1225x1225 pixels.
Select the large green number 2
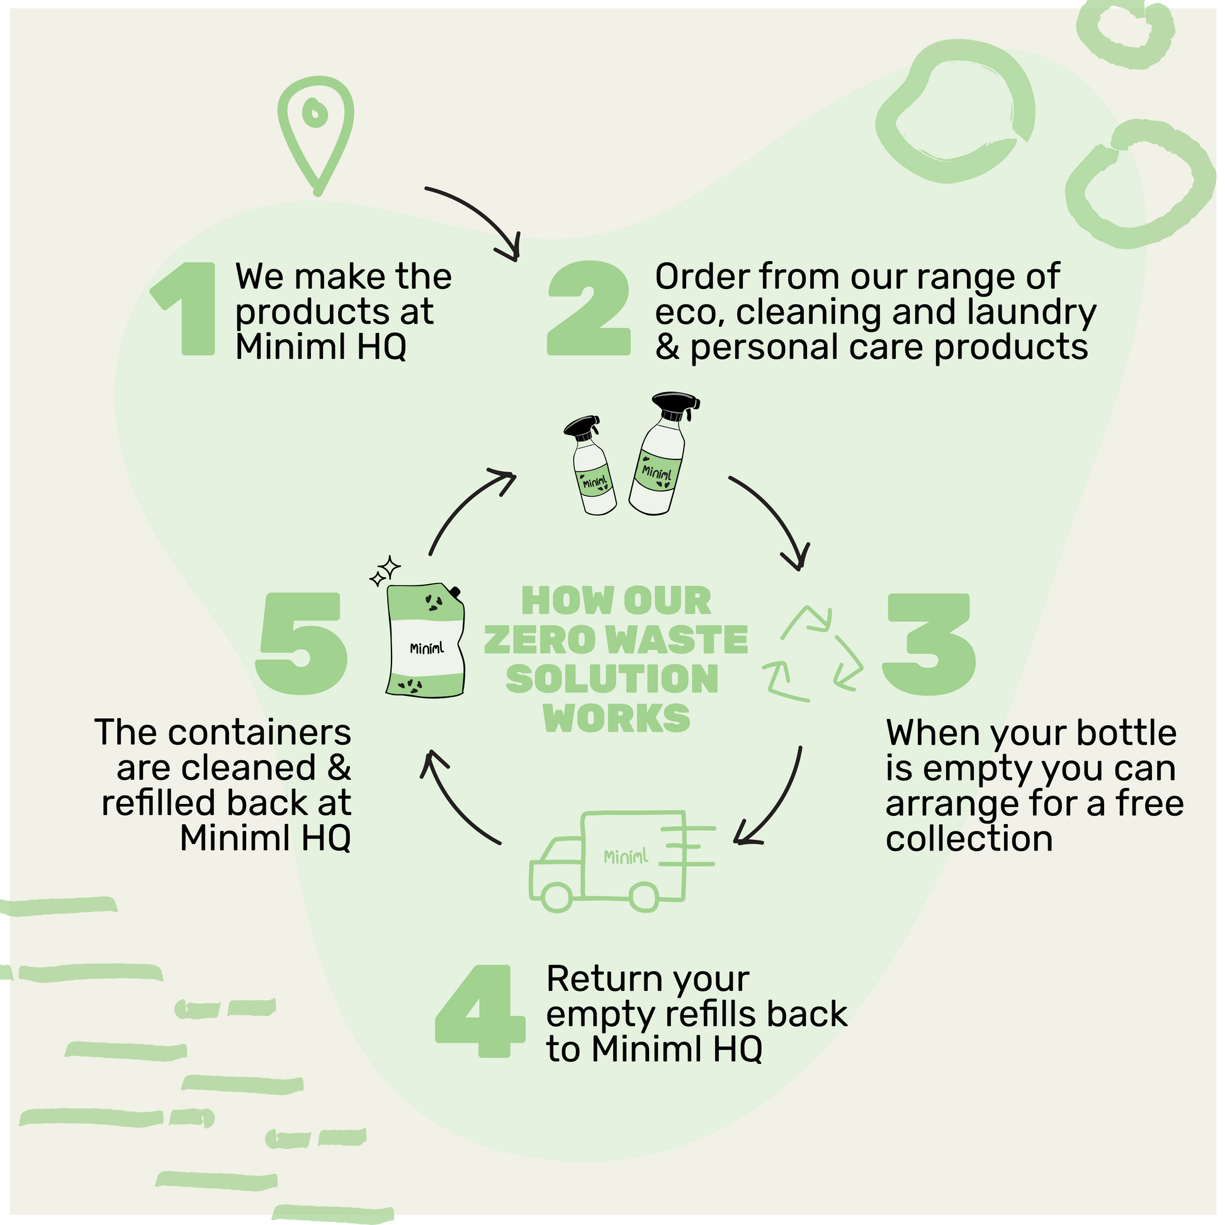589,309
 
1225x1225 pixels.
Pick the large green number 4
479,1012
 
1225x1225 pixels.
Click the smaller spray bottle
591,466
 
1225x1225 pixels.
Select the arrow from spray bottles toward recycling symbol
777,520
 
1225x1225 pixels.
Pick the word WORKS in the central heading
616,718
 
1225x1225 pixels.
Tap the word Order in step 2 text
702,277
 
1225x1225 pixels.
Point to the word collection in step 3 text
969,839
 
